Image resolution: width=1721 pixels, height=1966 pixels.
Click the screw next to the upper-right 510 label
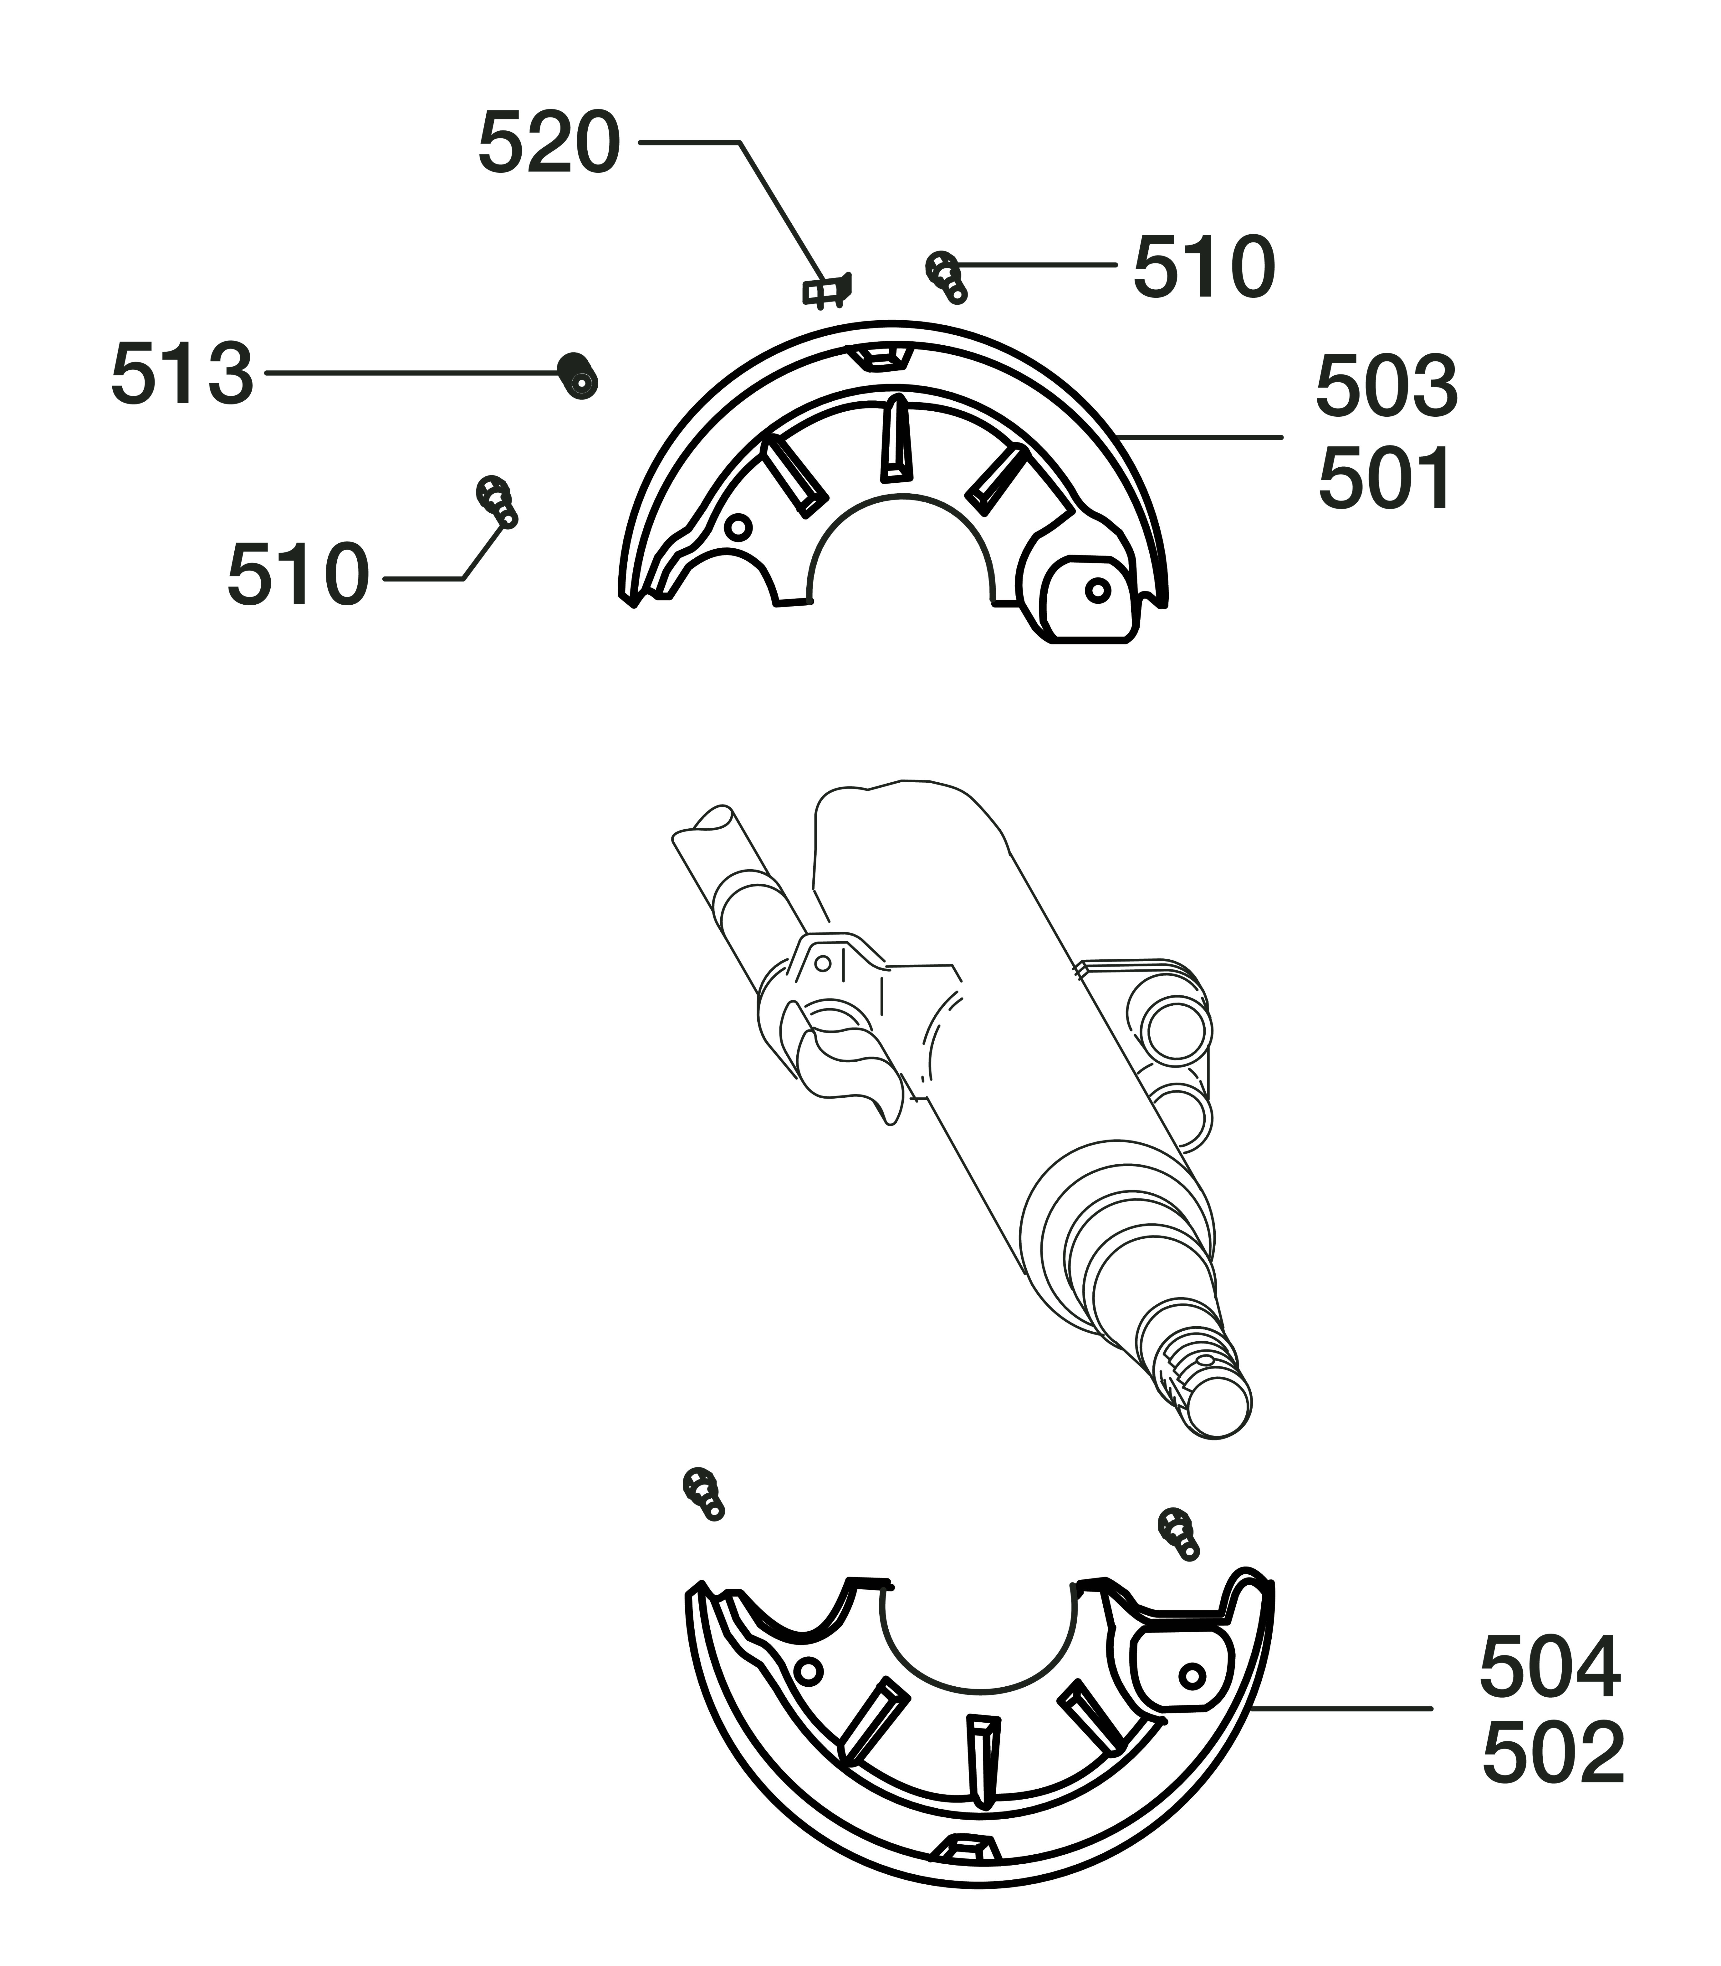(x=946, y=277)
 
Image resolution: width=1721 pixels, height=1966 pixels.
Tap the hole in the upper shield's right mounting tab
(x=1098, y=589)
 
